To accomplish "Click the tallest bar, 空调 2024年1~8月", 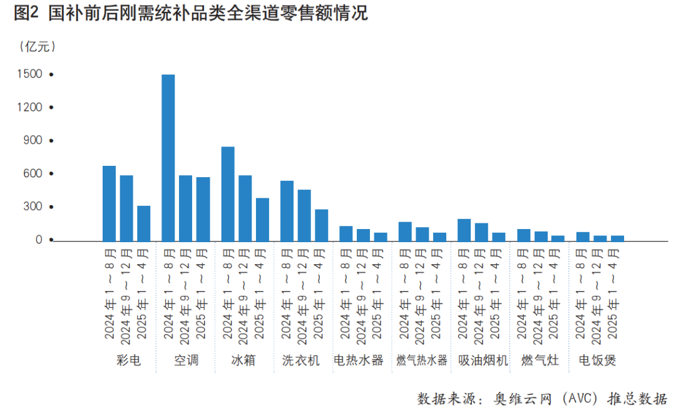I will tap(168, 158).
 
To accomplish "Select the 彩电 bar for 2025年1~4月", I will tap(143, 223).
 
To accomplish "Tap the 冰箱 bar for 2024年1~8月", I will tap(228, 194).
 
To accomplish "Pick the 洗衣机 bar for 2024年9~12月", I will tap(304, 215).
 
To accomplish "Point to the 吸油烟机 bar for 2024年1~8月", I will tap(464, 230).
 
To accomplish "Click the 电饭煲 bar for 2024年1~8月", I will tap(583, 237).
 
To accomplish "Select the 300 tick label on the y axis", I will tap(34, 207).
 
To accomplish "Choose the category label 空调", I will tap(186, 360).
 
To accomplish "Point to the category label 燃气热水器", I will tap(422, 360).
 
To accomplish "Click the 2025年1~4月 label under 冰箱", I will tap(262, 294).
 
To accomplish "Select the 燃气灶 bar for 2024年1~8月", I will tap(524, 235).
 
